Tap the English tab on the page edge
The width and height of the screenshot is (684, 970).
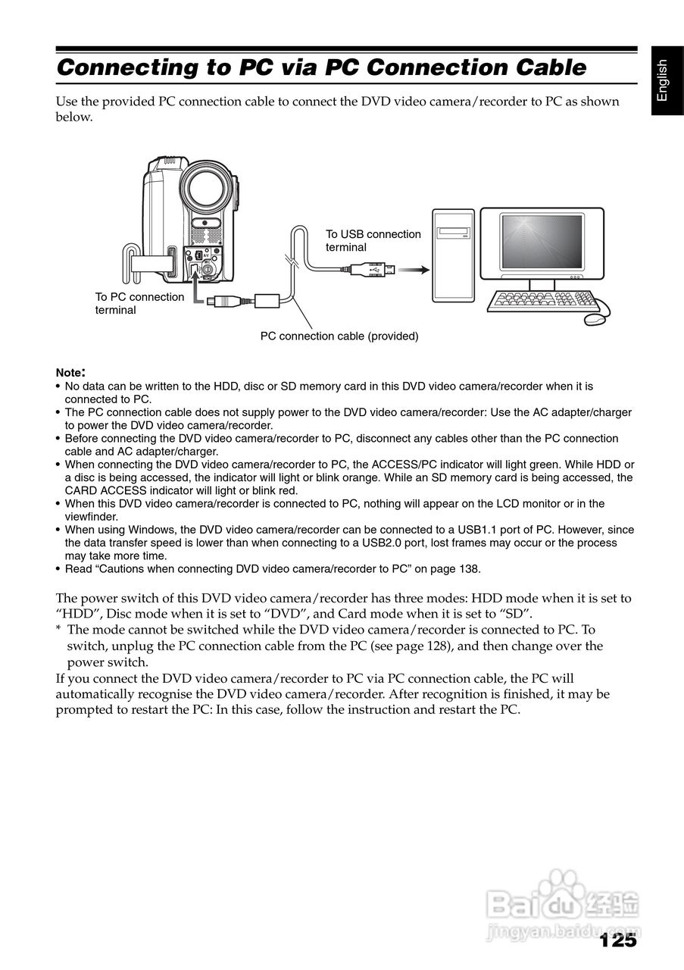662,80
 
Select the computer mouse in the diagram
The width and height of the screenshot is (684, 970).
596,319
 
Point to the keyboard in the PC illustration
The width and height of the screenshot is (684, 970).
540,301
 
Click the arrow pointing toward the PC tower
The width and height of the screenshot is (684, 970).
413,269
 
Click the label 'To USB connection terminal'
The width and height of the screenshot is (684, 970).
373,241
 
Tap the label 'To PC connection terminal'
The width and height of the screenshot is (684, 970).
139,303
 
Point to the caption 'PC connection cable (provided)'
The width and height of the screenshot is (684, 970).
339,336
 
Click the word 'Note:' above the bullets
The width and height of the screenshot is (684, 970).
70,373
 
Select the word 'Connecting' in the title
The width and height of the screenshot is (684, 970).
126,68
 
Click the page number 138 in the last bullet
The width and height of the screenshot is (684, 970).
469,569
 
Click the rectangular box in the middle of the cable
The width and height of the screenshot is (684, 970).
267,299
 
